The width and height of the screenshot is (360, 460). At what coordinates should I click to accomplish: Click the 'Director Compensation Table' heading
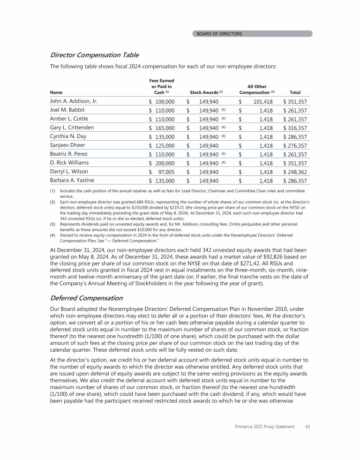tap(94, 55)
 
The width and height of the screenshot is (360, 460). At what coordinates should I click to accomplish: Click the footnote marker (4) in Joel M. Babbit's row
tap(224, 110)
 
